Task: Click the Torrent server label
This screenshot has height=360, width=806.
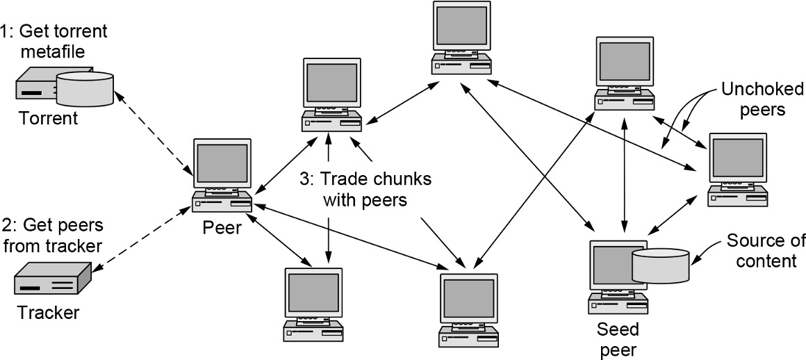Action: click(x=49, y=117)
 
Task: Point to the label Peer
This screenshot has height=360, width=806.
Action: click(x=222, y=227)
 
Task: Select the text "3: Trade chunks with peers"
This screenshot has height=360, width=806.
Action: click(x=365, y=189)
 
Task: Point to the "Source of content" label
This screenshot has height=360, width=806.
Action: click(x=764, y=251)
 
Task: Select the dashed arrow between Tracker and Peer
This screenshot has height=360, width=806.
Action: click(x=146, y=236)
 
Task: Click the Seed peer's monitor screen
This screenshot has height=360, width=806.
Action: click(x=609, y=265)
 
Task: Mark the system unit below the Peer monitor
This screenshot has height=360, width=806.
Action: click(x=222, y=201)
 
